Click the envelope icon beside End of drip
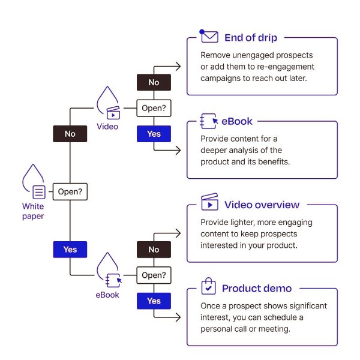click(209, 37)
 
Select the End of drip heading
click(251, 38)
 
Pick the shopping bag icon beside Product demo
click(208, 286)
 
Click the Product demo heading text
click(256, 288)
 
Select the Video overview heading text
click(262, 205)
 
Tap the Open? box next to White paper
click(70, 193)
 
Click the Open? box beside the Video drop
click(154, 109)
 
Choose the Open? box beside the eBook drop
click(154, 276)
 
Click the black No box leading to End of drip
click(154, 82)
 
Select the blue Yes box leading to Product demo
click(154, 301)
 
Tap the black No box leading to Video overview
click(154, 250)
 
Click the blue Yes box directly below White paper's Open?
click(70, 249)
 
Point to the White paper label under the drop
click(33, 211)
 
